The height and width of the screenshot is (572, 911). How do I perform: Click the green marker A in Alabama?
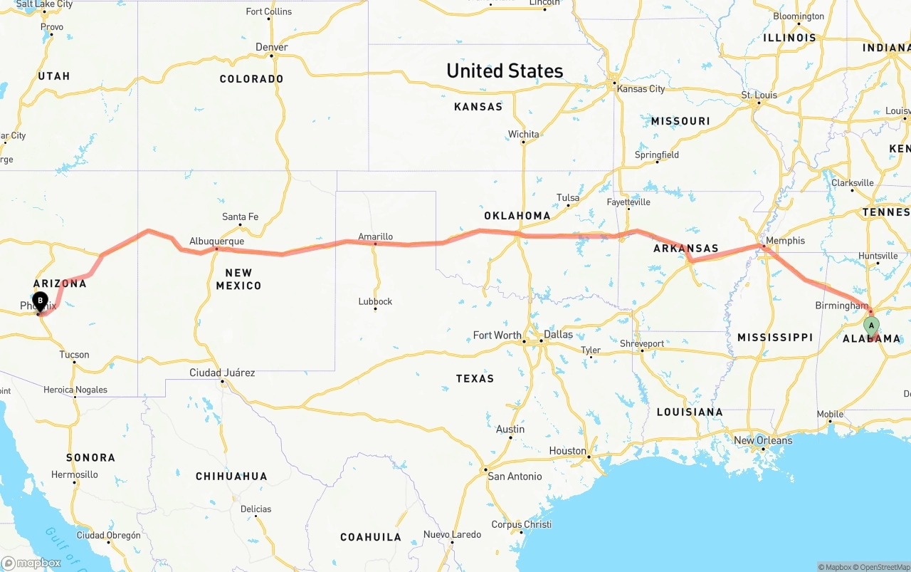coord(871,326)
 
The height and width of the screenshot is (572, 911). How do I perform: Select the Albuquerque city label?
coord(216,241)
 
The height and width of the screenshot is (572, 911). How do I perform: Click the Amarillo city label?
coord(375,236)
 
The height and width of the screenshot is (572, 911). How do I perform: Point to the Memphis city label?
coord(785,241)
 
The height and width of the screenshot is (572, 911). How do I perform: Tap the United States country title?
coord(505,71)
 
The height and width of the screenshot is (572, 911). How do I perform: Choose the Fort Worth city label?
coord(497,335)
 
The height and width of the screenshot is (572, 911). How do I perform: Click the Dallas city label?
coord(558,334)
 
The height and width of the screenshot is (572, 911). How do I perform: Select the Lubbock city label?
coord(375,301)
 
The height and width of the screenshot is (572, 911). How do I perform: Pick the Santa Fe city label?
coord(240,217)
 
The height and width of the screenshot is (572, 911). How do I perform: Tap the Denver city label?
coord(272,47)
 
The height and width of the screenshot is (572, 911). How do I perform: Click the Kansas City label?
coord(641,89)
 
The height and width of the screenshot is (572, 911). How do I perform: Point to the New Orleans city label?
coord(762,440)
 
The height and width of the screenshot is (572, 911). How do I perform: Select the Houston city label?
coord(567,450)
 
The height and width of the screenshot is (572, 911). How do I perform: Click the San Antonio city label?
coord(515,476)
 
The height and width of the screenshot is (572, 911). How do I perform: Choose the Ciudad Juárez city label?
coord(222,373)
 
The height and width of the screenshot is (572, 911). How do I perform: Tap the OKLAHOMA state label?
coord(517,216)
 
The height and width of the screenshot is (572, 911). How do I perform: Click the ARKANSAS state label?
coord(685,249)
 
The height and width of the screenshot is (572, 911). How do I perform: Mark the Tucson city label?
coord(74,355)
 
